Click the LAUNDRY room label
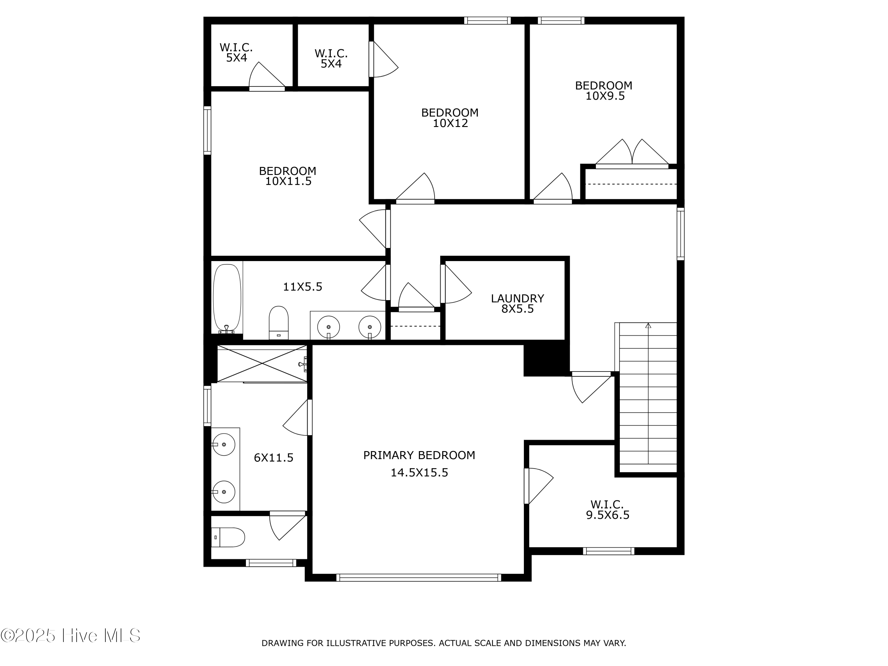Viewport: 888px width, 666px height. pos(517,298)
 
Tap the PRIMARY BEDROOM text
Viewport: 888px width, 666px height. pos(419,455)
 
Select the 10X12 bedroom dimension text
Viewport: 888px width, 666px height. pos(450,123)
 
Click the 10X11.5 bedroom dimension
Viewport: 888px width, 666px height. pos(288,181)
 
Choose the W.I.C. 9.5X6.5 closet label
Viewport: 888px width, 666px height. pos(607,509)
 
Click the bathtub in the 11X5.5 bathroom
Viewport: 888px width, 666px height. pos(227,297)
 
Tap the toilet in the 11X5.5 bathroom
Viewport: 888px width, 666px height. pos(279,322)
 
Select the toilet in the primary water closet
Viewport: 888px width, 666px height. pos(228,537)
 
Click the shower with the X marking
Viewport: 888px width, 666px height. pos(262,364)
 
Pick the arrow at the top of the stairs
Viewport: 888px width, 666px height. pos(648,326)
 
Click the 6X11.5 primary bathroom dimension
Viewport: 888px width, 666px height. pos(274,458)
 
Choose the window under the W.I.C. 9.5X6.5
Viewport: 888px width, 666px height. pos(608,551)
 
